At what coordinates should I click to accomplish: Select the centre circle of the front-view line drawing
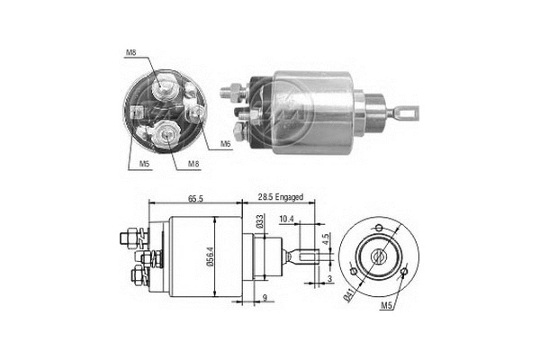coord(377,255)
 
